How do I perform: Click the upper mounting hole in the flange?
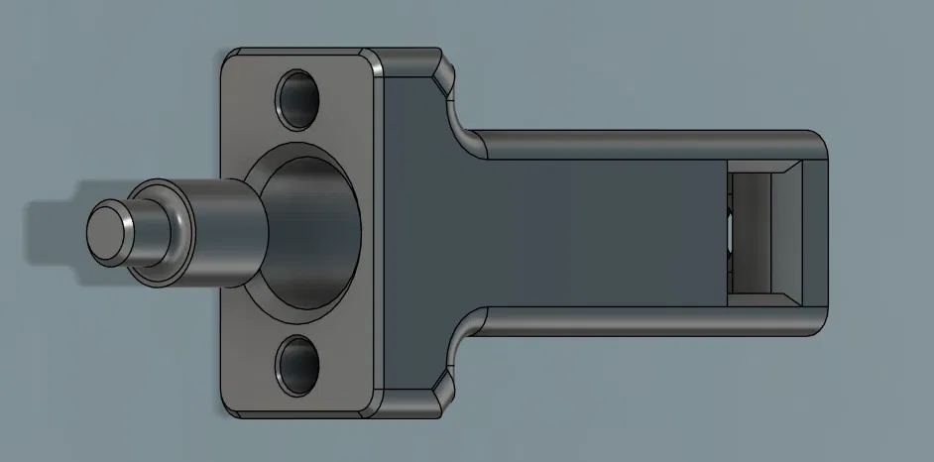(x=299, y=98)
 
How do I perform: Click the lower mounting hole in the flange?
(x=299, y=362)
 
